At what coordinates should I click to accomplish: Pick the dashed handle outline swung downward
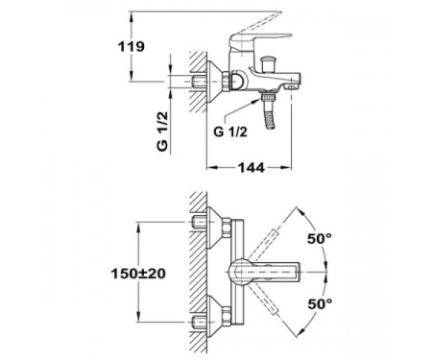point(278,309)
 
